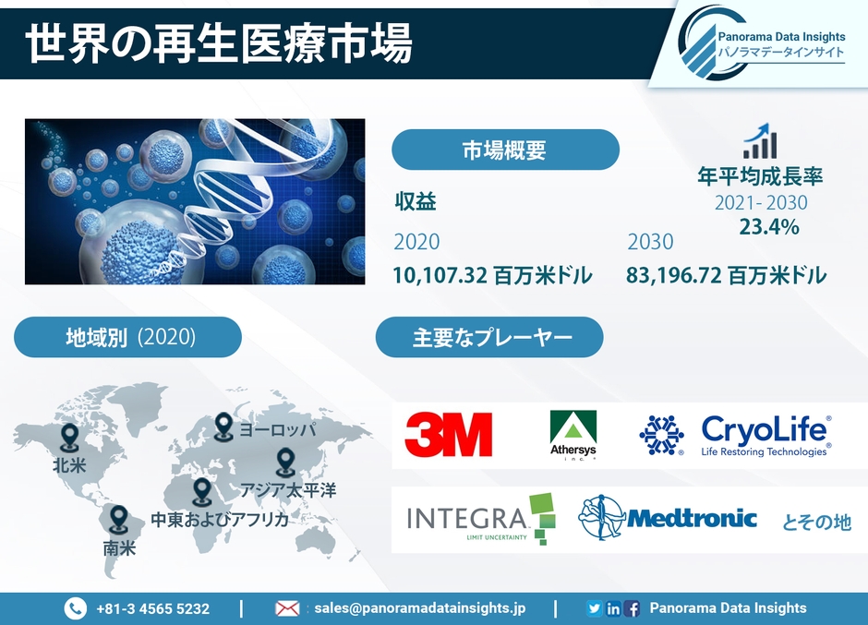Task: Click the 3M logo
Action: click(x=449, y=435)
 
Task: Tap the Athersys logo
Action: click(x=573, y=435)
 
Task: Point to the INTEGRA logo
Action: click(x=481, y=519)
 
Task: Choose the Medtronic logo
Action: click(x=668, y=518)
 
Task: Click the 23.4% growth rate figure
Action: click(x=769, y=227)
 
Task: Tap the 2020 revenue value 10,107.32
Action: click(x=440, y=275)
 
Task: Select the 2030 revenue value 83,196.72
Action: click(x=674, y=275)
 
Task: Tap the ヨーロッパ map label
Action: click(x=277, y=429)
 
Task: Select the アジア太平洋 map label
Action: click(x=288, y=490)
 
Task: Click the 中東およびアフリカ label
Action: click(x=220, y=519)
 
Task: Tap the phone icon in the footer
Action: click(x=76, y=608)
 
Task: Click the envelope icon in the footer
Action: click(x=287, y=609)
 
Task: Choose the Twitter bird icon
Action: click(x=594, y=608)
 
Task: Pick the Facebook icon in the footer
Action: click(x=633, y=609)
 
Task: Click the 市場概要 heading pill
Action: click(x=505, y=150)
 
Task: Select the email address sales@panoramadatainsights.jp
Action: click(x=419, y=608)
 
